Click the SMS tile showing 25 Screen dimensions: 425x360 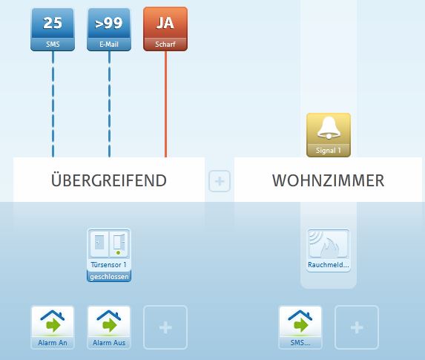point(53,29)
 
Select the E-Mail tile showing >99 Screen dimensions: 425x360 point(109,29)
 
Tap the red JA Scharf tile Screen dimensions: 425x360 point(165,29)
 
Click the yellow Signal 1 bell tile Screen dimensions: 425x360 point(329,135)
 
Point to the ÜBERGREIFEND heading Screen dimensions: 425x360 point(109,180)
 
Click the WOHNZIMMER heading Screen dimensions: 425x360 point(329,180)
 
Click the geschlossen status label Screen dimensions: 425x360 point(109,277)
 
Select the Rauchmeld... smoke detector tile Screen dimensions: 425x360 point(329,250)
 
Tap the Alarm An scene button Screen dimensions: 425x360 point(53,327)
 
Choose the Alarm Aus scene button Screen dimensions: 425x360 point(109,327)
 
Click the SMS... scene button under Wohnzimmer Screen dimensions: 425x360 point(300,327)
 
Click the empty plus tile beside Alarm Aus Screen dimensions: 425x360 point(165,327)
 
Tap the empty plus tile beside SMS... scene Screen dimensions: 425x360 point(357,327)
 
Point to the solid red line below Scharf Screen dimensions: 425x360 point(165,104)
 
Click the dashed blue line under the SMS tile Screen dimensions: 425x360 point(53,104)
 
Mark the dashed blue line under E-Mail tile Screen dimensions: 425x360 point(109,104)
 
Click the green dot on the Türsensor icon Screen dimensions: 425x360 point(118,253)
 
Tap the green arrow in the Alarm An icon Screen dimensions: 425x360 point(53,324)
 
